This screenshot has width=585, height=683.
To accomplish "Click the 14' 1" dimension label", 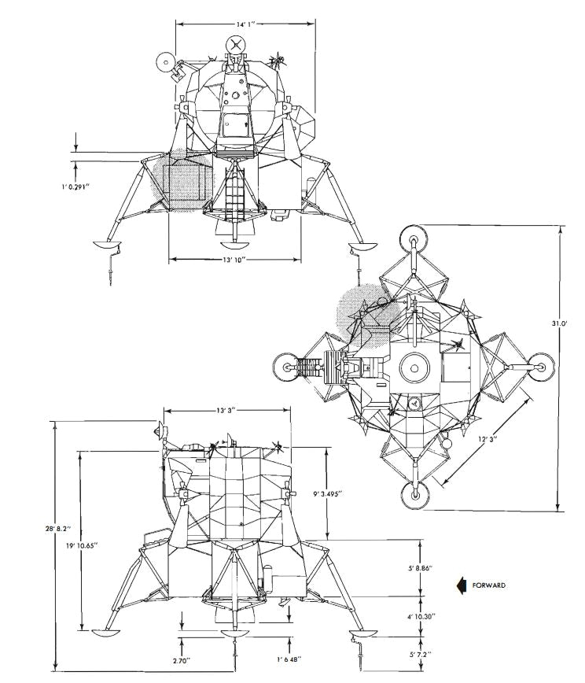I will click(x=244, y=24).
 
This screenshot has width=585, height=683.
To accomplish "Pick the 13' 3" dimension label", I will click(x=226, y=412).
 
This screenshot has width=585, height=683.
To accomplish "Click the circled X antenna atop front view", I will click(x=236, y=45).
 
